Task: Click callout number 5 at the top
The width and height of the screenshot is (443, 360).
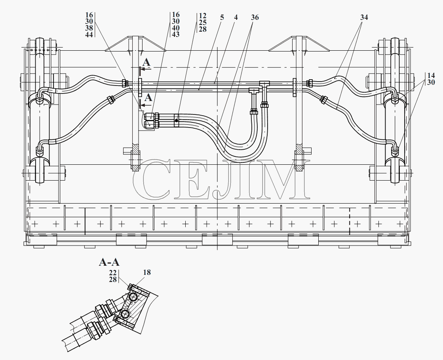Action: [222, 17]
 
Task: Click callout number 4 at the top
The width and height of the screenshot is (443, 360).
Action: [236, 17]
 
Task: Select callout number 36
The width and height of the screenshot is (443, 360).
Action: [255, 17]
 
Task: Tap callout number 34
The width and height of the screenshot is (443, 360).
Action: [364, 17]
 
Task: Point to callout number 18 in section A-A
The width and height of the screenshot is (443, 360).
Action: [147, 272]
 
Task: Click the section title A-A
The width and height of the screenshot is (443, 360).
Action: [109, 263]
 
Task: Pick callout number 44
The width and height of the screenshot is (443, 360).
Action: [89, 34]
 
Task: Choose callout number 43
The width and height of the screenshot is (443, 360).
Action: [175, 34]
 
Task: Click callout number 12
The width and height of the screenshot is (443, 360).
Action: [203, 16]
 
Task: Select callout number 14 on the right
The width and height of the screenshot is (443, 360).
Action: [431, 76]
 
